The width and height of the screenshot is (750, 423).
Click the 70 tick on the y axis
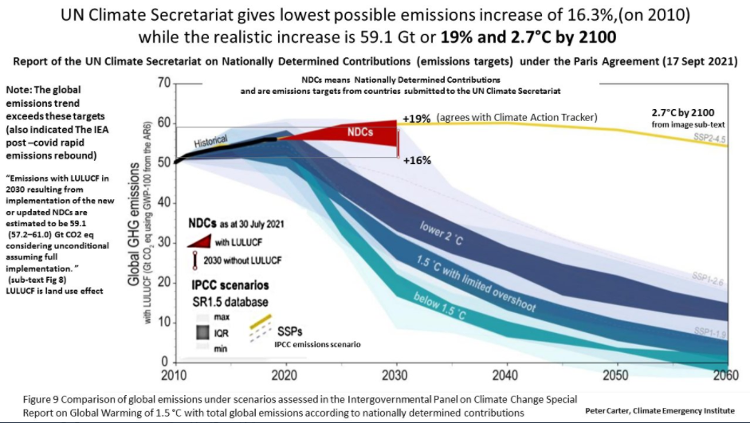pos(163,82)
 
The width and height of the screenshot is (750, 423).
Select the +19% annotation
pos(417,118)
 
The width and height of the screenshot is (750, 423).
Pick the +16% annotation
pos(418,160)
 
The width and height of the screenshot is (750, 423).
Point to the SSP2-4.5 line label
pos(713,137)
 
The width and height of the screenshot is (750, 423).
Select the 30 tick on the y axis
pos(163,242)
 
